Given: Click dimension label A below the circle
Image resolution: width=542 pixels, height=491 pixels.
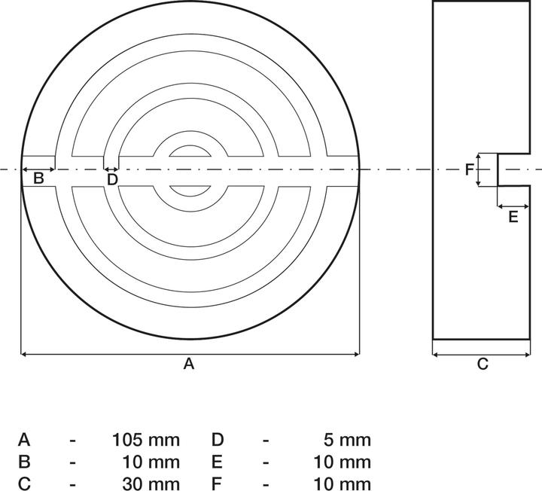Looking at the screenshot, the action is [189, 364].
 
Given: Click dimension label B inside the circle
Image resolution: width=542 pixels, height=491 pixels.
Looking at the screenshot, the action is [38, 178].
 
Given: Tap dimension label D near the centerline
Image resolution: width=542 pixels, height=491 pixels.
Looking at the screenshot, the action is [112, 179].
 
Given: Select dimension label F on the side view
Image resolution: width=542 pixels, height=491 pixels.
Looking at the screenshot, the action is [469, 169].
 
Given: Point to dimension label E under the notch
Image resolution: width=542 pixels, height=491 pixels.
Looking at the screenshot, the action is [513, 217].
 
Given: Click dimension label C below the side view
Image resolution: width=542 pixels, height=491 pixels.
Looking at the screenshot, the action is [483, 364].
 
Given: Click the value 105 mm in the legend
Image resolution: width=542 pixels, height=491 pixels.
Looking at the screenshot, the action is [146, 441].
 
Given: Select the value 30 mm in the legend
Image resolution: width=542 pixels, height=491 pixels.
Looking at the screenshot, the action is [151, 483].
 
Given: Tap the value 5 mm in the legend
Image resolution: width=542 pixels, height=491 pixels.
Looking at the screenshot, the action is [347, 441].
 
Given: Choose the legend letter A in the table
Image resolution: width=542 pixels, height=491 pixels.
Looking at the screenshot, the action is [24, 441].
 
